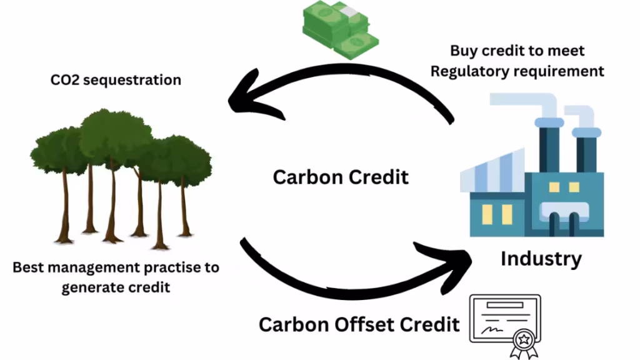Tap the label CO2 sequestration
pos(116,80)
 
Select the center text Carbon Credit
pos(341,177)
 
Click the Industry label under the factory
pos(541,258)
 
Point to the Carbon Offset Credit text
pos(359,324)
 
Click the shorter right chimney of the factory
pos(586,150)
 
